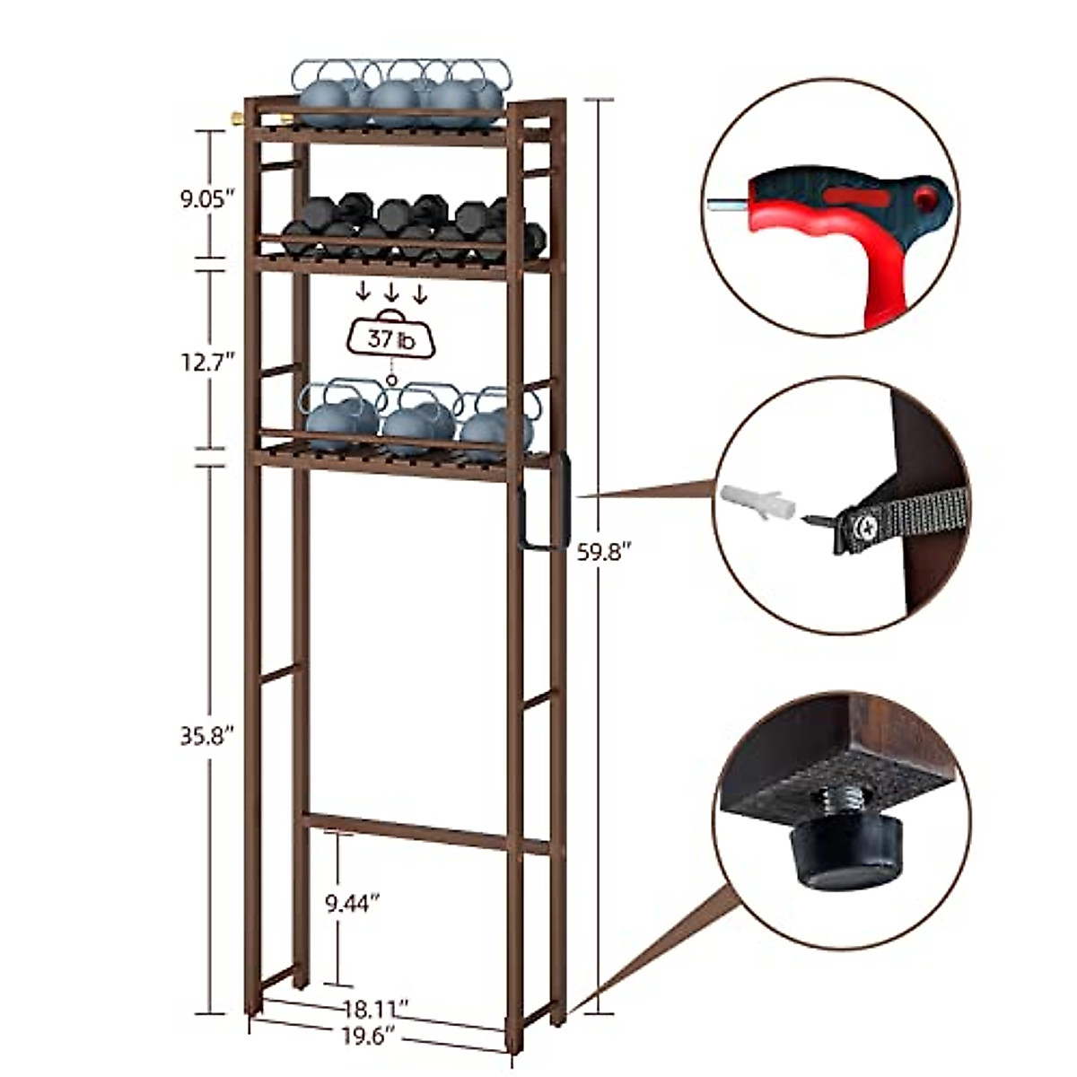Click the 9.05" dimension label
(206, 198)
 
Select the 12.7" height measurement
(206, 362)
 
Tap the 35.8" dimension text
(206, 736)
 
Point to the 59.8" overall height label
(600, 553)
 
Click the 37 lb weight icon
(391, 339)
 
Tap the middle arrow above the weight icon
(391, 292)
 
